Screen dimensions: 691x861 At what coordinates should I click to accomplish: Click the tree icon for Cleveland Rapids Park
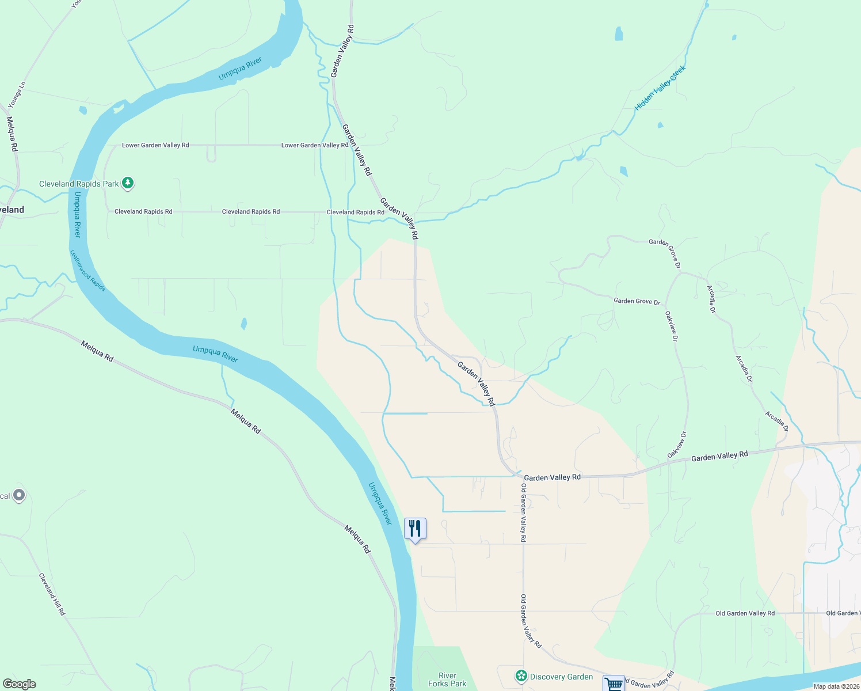128,183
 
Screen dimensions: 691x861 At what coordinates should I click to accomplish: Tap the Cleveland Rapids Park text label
79,184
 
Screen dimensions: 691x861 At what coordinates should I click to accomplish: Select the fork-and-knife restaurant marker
415,529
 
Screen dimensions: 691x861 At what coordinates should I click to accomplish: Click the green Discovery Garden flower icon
521,676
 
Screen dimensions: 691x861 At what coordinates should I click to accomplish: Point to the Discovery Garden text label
561,677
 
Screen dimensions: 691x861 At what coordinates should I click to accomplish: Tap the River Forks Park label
447,679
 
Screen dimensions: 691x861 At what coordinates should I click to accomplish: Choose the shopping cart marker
614,684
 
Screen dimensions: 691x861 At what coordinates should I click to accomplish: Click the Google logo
19,684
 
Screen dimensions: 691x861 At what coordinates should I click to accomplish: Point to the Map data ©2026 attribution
836,686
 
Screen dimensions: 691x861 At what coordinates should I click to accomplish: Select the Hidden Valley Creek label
660,88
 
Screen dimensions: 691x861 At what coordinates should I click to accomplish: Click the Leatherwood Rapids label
87,270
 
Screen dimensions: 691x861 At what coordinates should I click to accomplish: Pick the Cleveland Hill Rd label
52,594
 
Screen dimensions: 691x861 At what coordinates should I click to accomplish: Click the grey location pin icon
19,495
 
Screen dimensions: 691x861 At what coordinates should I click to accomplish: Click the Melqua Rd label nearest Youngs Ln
12,134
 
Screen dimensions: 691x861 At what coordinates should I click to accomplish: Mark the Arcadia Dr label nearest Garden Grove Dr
712,299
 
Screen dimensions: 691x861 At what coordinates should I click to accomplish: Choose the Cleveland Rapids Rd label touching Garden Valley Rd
355,212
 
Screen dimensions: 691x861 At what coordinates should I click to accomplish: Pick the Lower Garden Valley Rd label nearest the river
155,145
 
